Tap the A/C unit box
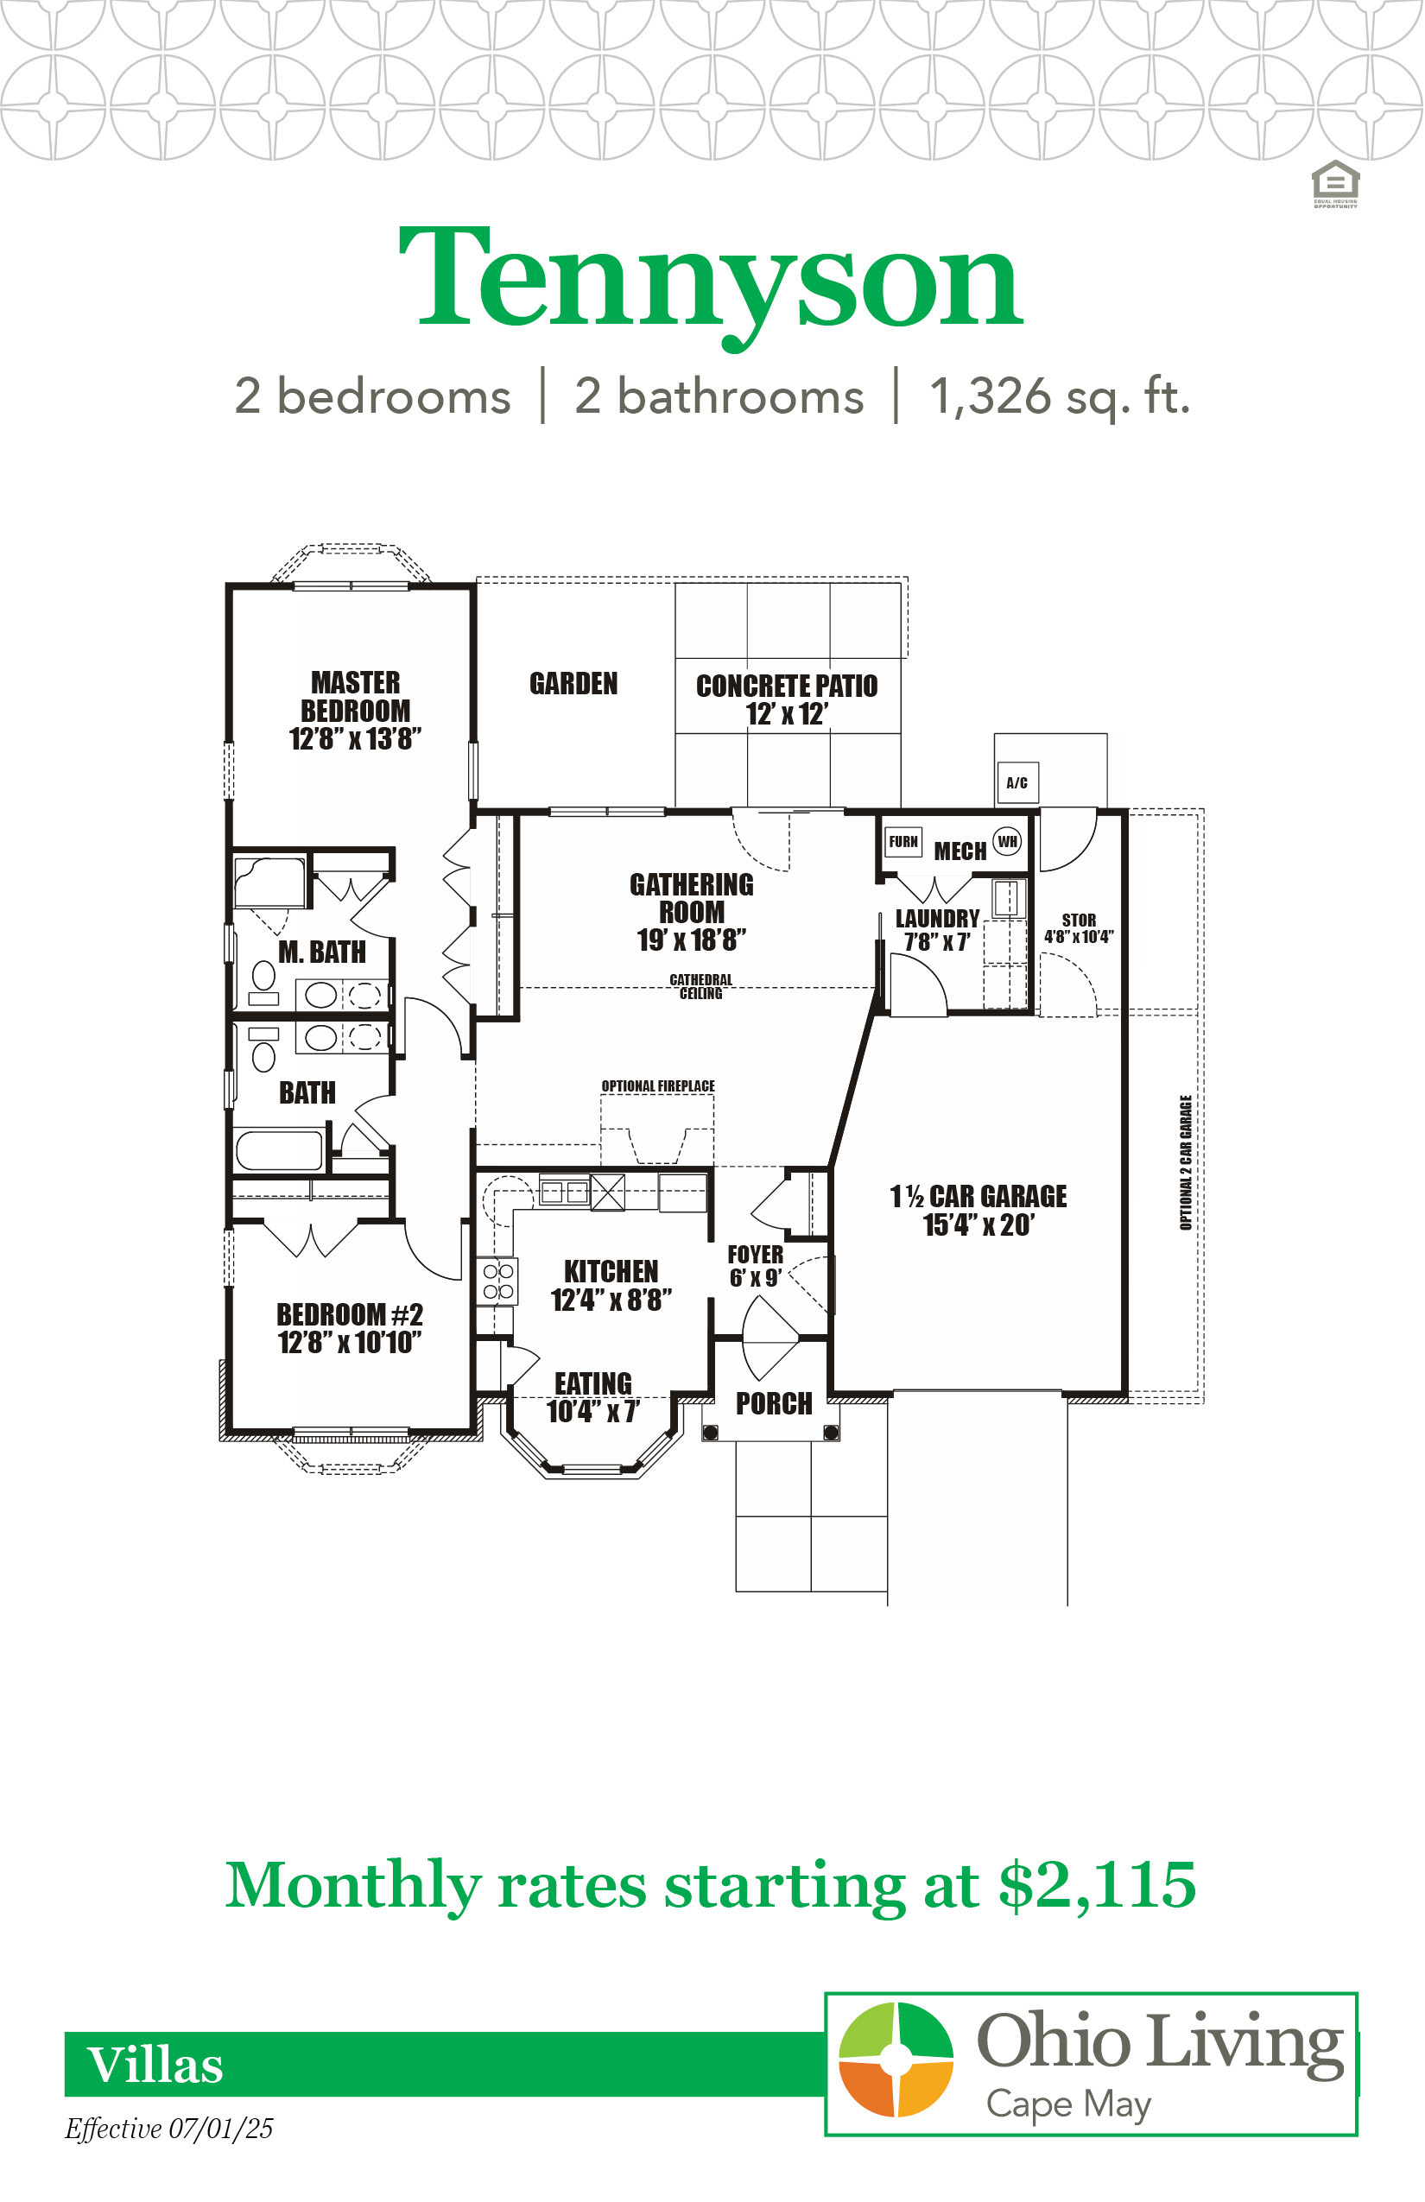click(1017, 782)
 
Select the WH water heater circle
click(1007, 842)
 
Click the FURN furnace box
click(903, 842)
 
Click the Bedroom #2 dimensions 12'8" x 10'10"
click(350, 1343)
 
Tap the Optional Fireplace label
click(658, 1085)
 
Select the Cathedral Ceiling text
click(700, 986)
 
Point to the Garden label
click(573, 684)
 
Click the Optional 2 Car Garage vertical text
click(1185, 1162)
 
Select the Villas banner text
click(155, 2066)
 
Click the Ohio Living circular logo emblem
click(896, 2059)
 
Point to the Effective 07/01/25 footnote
click(168, 2129)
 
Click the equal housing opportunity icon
click(1335, 183)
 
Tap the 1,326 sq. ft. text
click(1060, 396)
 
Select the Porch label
click(774, 1404)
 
